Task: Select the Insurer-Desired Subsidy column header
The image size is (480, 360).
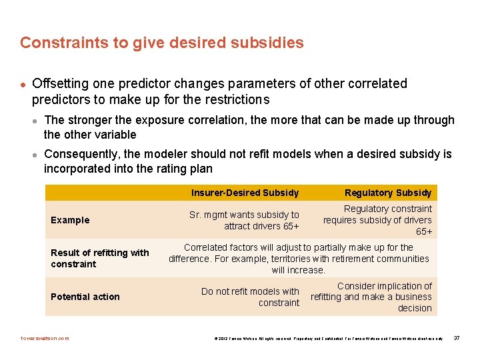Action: coord(245,193)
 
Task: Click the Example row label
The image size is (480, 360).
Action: coord(70,220)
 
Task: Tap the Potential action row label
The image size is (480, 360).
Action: coord(85,297)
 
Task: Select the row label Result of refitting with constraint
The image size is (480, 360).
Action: coord(100,258)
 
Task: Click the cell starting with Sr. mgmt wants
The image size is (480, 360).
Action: coord(244,220)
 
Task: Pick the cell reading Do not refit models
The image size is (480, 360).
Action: coord(250,297)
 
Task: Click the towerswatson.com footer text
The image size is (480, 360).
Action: coord(45,338)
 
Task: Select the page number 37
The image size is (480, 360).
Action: coord(457,338)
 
